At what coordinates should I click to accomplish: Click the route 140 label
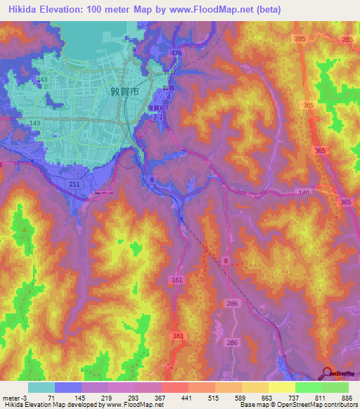tap(304, 192)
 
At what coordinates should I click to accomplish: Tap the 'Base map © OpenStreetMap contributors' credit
tap(298, 405)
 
